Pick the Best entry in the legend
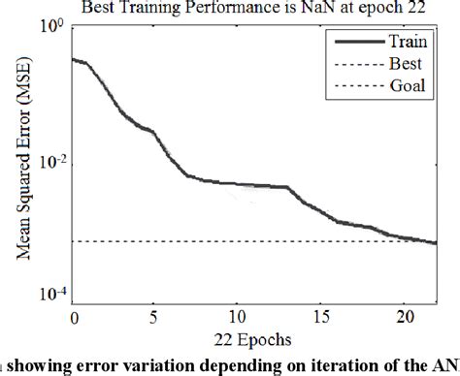(407, 64)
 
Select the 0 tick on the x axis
(74, 315)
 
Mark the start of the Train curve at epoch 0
(74, 59)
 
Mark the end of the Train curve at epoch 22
(436, 243)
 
